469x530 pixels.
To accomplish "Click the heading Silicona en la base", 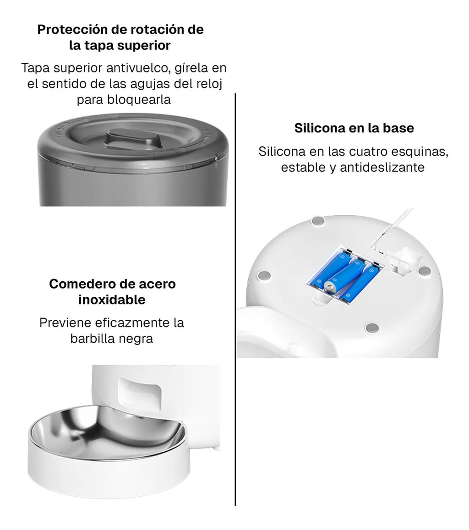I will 354,128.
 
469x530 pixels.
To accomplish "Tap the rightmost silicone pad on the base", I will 424,270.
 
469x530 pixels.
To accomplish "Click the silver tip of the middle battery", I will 328,287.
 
